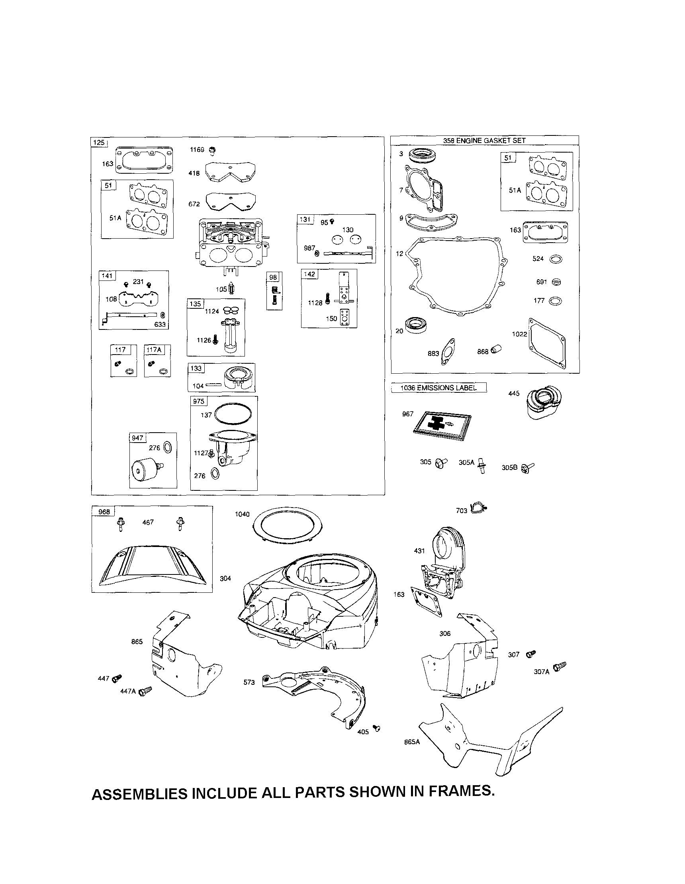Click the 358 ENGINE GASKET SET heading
pyautogui.click(x=484, y=141)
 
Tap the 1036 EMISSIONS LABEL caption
pyautogui.click(x=438, y=388)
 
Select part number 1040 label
pyautogui.click(x=243, y=514)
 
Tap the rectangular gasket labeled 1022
pyautogui.click(x=547, y=345)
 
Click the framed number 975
pyautogui.click(x=199, y=401)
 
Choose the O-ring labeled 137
pyautogui.click(x=233, y=414)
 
